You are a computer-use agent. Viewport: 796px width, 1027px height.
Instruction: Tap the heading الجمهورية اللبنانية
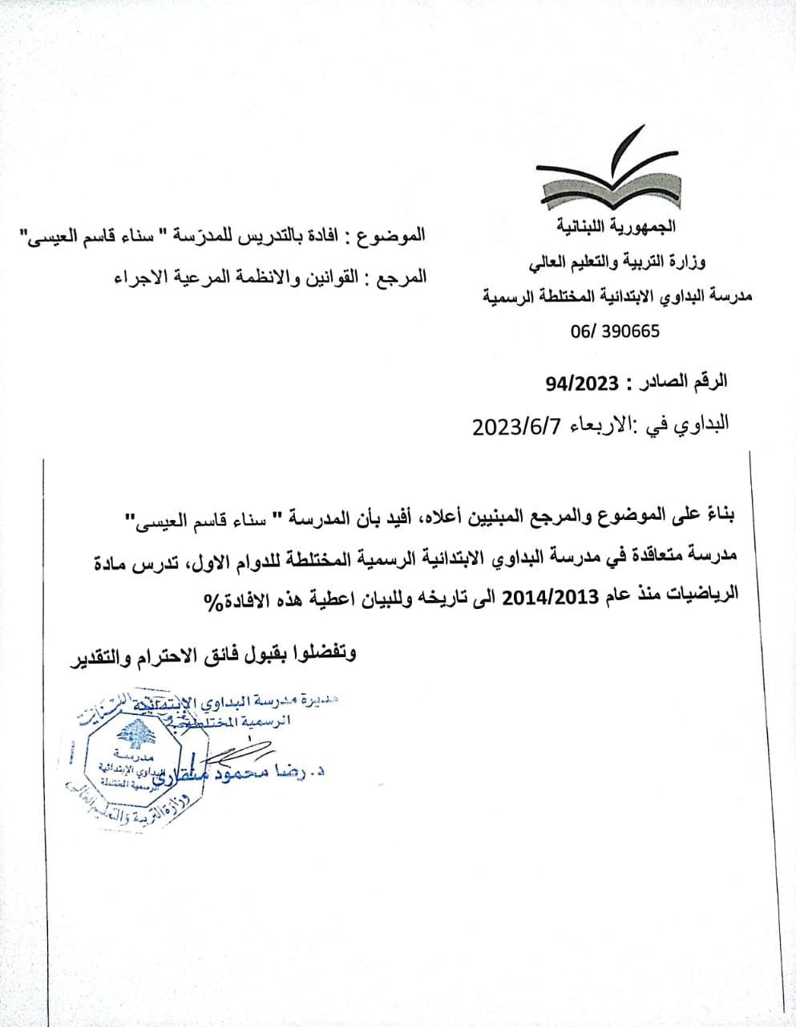[616, 225]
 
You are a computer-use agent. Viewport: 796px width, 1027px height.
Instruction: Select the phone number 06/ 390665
[616, 331]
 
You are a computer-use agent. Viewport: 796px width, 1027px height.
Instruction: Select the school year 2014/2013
[550, 597]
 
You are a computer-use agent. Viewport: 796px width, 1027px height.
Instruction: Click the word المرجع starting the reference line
[402, 278]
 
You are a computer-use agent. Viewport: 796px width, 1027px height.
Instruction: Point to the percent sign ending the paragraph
[211, 600]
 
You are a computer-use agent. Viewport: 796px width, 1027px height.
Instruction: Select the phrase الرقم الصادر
[681, 382]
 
